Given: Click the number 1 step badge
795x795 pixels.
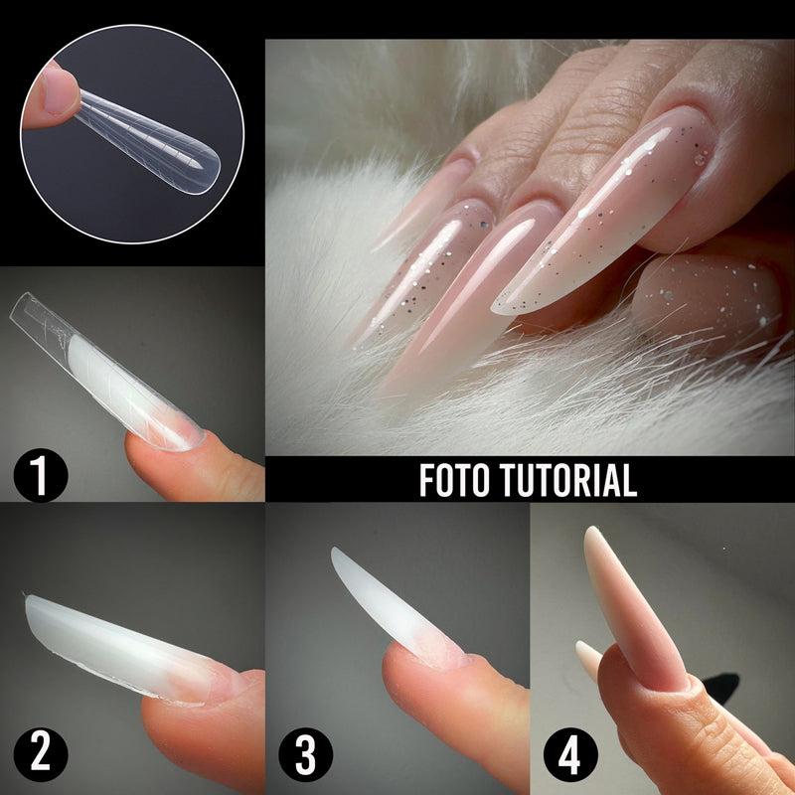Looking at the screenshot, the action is point(41,475).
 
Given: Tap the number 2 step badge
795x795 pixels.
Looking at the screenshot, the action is point(41,755).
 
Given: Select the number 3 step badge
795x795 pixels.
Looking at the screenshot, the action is point(306,755).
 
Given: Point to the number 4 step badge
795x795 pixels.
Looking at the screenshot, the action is point(570,755).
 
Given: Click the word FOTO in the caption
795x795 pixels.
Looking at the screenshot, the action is point(454,480).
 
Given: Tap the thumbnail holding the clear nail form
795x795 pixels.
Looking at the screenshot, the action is point(132,134).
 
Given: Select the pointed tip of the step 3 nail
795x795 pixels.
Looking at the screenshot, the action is point(335,552).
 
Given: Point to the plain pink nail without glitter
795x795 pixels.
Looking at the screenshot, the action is point(471,299).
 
